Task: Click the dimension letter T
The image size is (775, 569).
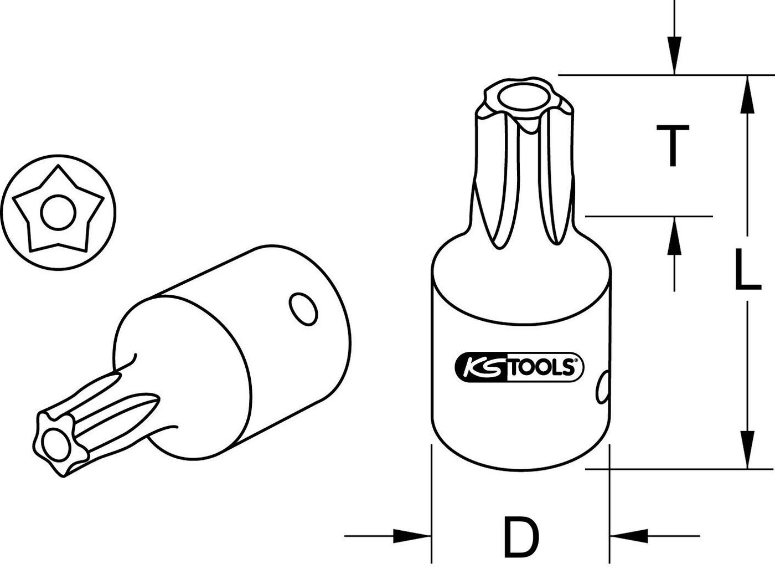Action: pyautogui.click(x=673, y=145)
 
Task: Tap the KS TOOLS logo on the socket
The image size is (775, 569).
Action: pyautogui.click(x=519, y=367)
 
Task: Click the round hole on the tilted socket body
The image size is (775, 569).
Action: pyautogui.click(x=303, y=308)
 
